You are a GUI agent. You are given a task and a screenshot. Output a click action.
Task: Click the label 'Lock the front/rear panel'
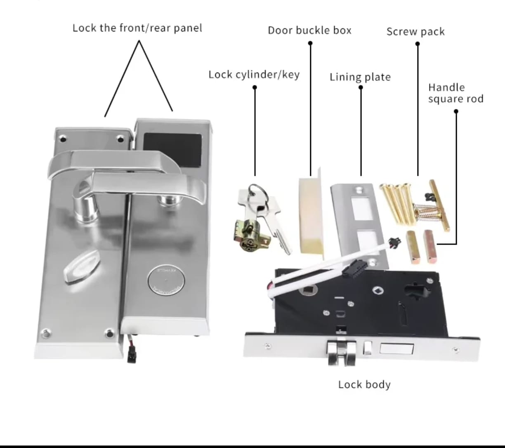[x=137, y=28]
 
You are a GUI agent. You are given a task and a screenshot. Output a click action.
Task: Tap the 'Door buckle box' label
[x=309, y=31]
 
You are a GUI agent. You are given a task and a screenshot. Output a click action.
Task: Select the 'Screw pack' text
[x=415, y=32]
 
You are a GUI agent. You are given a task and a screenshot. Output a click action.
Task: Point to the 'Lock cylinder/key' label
[x=254, y=75]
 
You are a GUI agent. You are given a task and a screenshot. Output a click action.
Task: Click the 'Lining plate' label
[x=360, y=77]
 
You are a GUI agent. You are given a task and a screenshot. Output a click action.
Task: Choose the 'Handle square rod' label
[x=456, y=93]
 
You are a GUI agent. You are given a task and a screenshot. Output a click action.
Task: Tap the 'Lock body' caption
[x=364, y=384]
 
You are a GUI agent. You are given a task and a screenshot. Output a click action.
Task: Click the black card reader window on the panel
[x=173, y=150]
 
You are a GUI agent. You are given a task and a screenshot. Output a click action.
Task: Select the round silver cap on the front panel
[x=166, y=280]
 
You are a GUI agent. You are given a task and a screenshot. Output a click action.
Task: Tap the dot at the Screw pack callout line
[x=418, y=44]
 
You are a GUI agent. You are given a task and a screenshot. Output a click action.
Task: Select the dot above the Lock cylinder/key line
[x=255, y=87]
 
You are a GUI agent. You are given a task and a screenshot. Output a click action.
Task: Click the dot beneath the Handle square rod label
[x=456, y=111]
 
